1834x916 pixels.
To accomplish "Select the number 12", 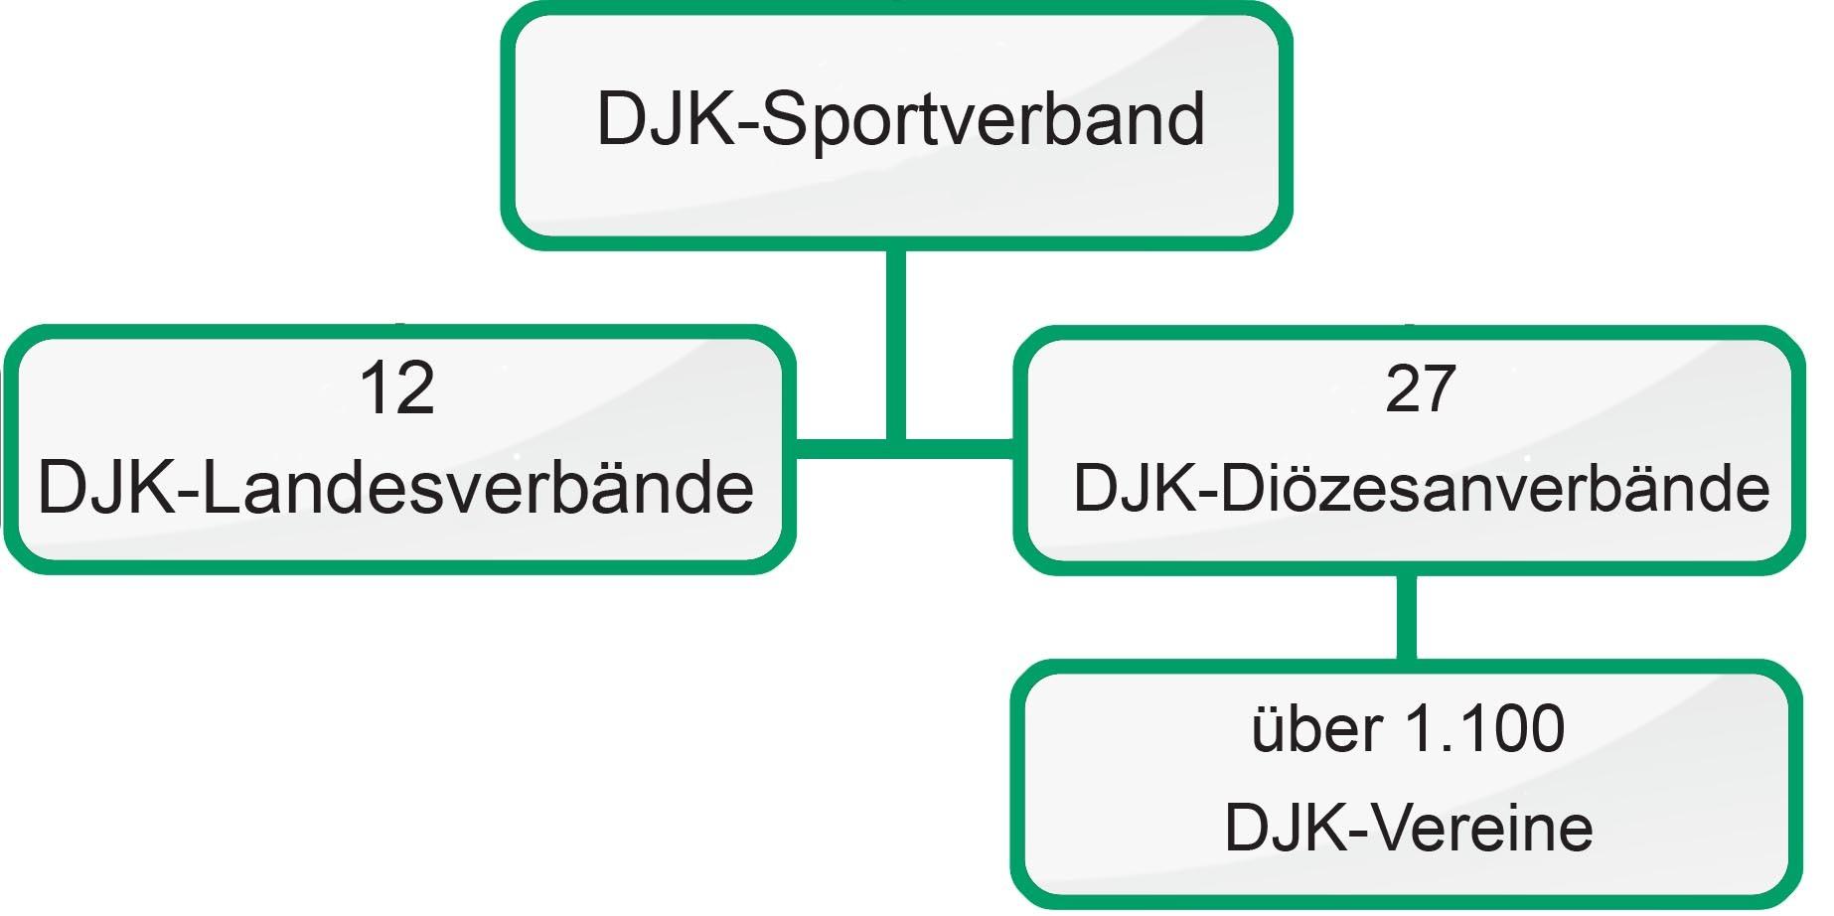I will click(396, 388).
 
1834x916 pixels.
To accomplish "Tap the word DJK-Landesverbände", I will click(395, 488).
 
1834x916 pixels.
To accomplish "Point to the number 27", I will click(1420, 388).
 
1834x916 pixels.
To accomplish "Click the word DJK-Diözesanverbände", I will click(1421, 488).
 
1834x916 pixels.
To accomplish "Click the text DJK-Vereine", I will click(1408, 828).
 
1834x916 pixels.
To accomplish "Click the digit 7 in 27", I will click(1439, 388).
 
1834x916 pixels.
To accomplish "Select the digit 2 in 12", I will click(415, 388).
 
